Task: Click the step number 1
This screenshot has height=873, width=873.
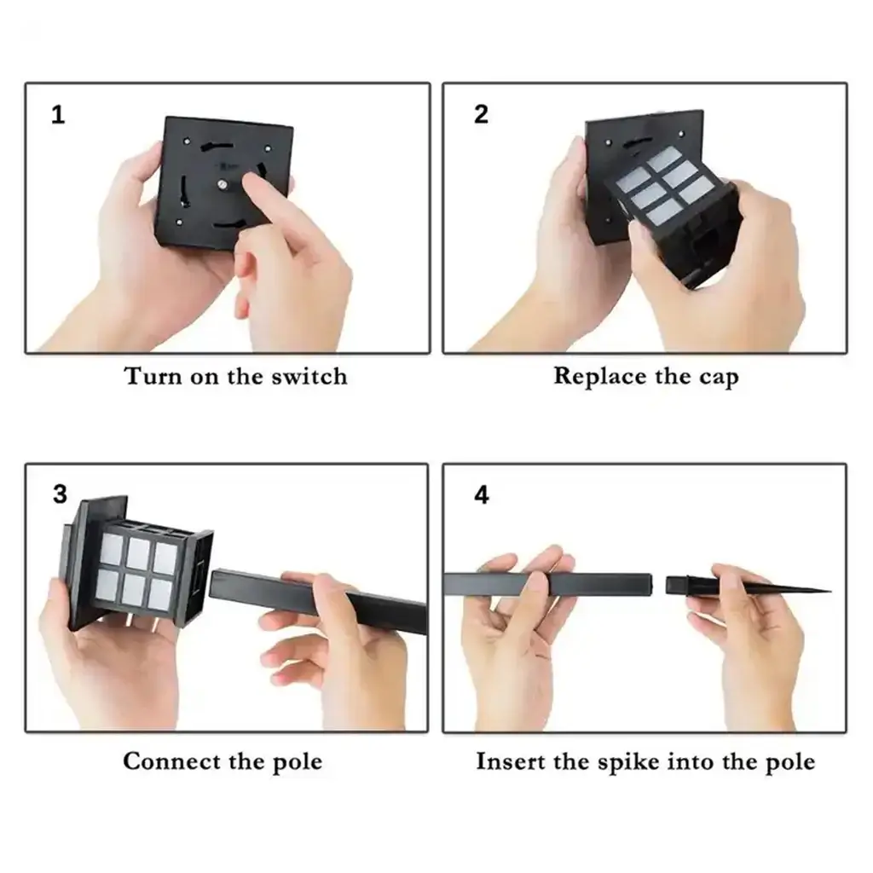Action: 58,115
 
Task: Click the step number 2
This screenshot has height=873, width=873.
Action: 481,114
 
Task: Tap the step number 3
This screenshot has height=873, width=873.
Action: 60,494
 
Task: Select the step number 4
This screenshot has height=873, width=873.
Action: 482,495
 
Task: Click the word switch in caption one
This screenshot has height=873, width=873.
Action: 309,376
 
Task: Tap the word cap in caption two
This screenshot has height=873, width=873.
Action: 719,378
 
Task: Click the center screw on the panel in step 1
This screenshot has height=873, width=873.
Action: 223,184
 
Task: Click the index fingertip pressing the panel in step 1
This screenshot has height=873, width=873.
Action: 251,181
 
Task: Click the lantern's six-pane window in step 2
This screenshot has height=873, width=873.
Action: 665,185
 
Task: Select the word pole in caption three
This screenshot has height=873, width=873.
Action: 298,763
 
